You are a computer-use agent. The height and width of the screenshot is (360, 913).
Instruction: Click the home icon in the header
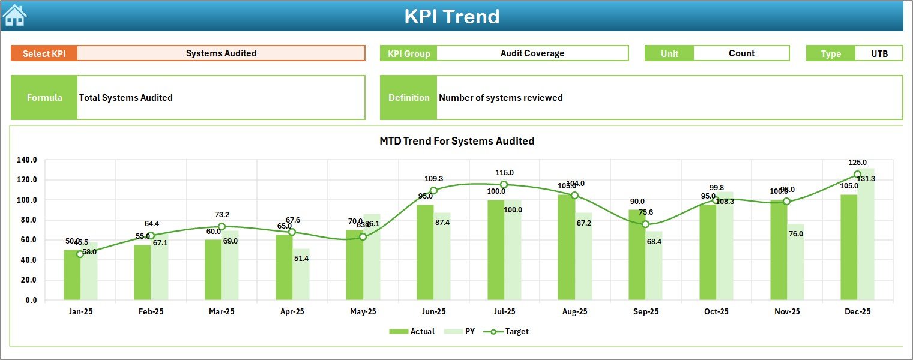pyautogui.click(x=14, y=16)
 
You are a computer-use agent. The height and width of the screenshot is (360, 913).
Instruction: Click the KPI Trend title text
pyautogui.click(x=451, y=16)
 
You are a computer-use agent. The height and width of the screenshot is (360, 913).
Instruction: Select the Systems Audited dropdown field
pyautogui.click(x=221, y=53)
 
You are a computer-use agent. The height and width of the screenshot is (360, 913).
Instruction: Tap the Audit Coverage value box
pyautogui.click(x=532, y=53)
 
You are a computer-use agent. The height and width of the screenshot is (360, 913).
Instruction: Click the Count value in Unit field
pyautogui.click(x=741, y=53)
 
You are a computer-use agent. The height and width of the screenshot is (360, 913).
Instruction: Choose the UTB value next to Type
pyautogui.click(x=879, y=53)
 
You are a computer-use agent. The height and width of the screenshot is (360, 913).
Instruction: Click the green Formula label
pyautogui.click(x=44, y=98)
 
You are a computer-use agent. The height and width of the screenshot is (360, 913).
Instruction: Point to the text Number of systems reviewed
pyautogui.click(x=501, y=98)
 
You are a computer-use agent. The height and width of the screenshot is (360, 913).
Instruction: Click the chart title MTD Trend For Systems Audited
pyautogui.click(x=456, y=141)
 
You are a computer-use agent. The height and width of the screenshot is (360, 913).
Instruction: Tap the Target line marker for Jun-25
pyautogui.click(x=433, y=190)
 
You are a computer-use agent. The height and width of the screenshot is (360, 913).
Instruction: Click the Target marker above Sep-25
pyautogui.click(x=645, y=224)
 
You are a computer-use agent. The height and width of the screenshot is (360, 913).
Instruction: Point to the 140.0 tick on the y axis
pyautogui.click(x=27, y=160)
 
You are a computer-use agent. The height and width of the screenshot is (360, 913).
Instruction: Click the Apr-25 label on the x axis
pyautogui.click(x=292, y=312)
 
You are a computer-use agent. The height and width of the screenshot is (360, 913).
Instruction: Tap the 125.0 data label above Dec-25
pyautogui.click(x=857, y=163)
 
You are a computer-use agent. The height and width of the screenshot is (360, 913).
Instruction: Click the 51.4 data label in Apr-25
pyautogui.click(x=301, y=258)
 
